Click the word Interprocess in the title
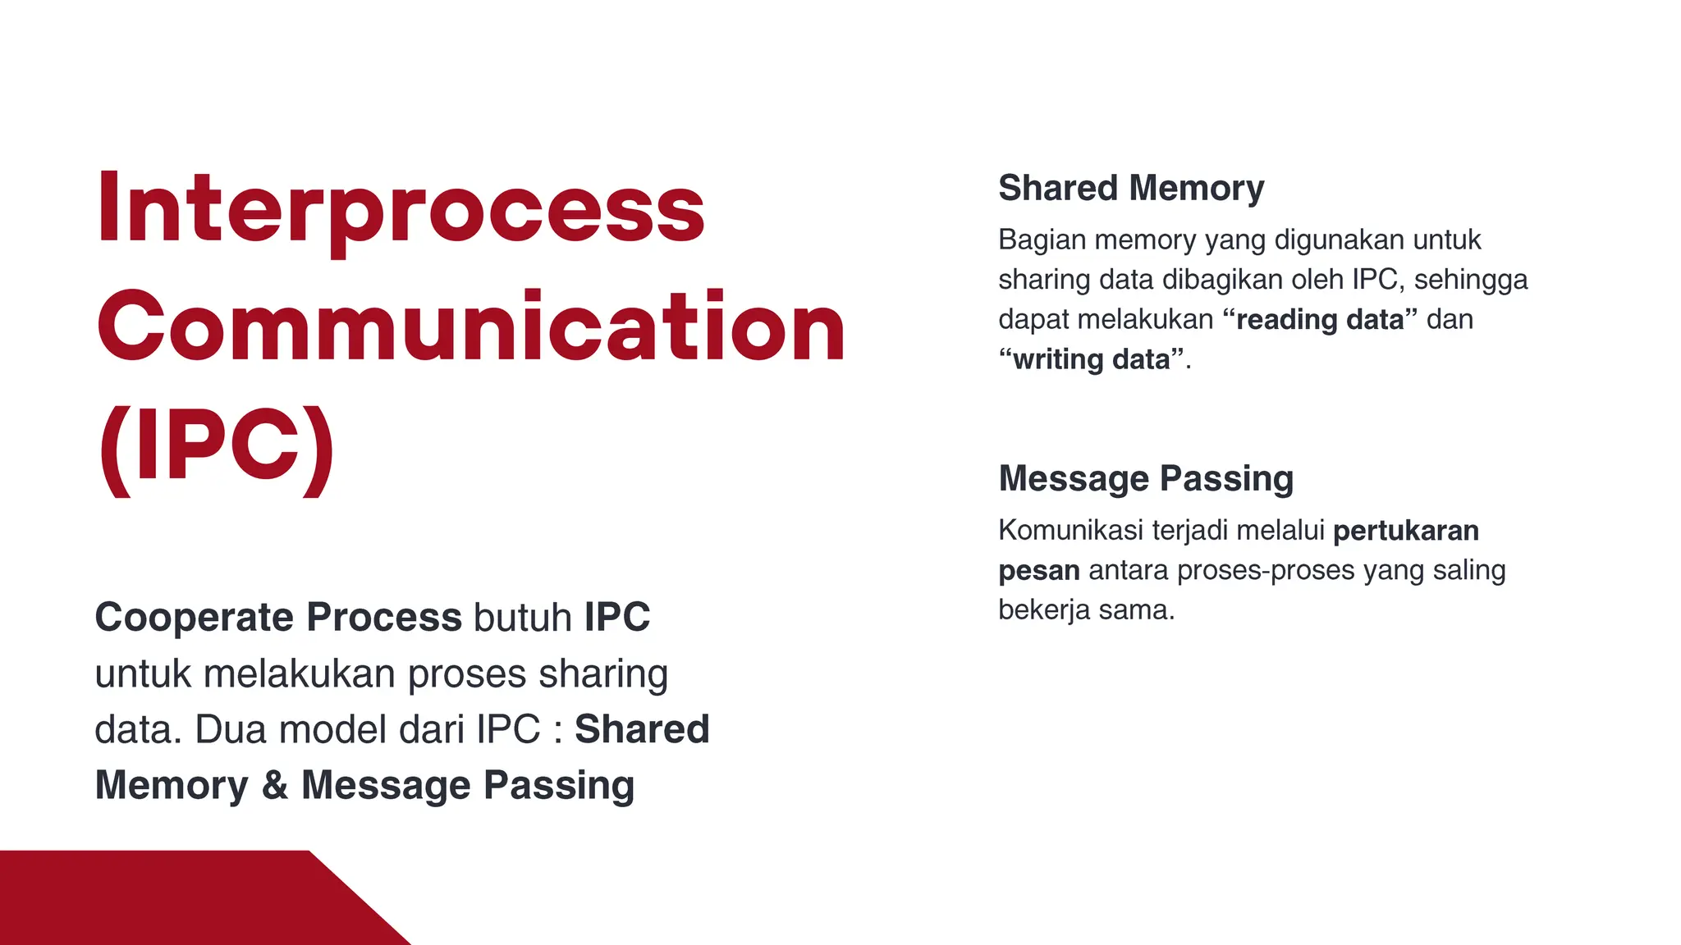click(x=401, y=209)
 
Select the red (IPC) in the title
click(x=217, y=447)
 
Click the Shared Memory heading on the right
click(x=1130, y=188)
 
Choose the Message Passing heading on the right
click(x=1145, y=478)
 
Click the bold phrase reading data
click(x=1319, y=319)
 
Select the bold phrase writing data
click(x=1091, y=359)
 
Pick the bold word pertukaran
click(x=1405, y=531)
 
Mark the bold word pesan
click(x=1038, y=570)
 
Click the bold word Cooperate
click(x=195, y=617)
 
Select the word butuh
click(x=522, y=617)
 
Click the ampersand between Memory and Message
click(x=274, y=785)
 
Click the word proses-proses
click(x=1265, y=570)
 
